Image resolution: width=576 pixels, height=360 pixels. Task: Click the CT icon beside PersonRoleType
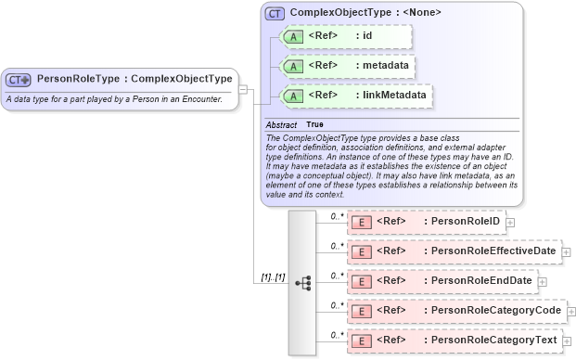pyautogui.click(x=19, y=80)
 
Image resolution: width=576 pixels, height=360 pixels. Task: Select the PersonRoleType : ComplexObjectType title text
pyautogui.click(x=134, y=79)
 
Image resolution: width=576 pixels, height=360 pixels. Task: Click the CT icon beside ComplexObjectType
pyautogui.click(x=275, y=14)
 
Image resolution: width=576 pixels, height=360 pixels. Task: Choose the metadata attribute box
pyautogui.click(x=346, y=66)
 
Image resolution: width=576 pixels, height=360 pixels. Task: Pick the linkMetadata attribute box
pyautogui.click(x=355, y=96)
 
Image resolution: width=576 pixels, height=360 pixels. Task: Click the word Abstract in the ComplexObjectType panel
pyautogui.click(x=281, y=124)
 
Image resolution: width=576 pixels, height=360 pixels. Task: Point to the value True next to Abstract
pyautogui.click(x=315, y=124)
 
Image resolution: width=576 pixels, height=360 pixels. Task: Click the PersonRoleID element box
pyautogui.click(x=426, y=222)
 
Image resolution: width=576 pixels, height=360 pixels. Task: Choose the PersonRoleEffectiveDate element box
pyautogui.click(x=453, y=251)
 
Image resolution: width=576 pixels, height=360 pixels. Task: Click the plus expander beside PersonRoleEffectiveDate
pyautogui.click(x=566, y=252)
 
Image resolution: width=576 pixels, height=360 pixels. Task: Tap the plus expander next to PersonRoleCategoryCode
pyautogui.click(x=570, y=312)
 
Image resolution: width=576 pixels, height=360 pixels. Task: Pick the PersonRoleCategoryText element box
pyautogui.click(x=453, y=341)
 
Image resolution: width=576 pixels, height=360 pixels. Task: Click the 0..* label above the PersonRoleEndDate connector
pyautogui.click(x=338, y=275)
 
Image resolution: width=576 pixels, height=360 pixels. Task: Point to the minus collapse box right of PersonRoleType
pyautogui.click(x=242, y=90)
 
